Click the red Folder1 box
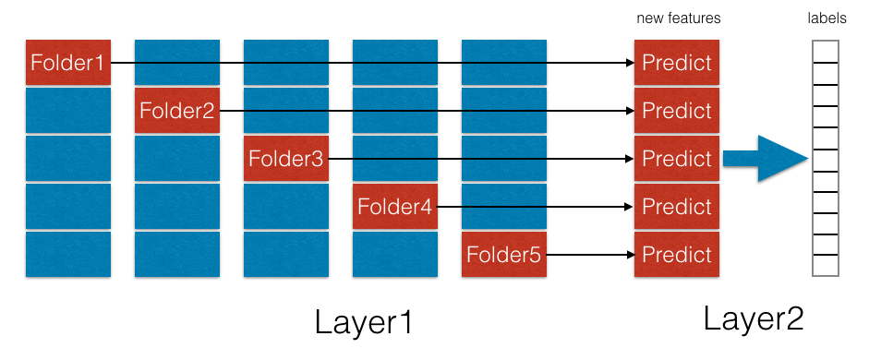tap(68, 63)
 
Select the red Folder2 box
tap(177, 111)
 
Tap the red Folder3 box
tap(286, 159)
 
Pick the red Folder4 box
tap(395, 207)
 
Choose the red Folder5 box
tap(504, 254)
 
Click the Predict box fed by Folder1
tap(677, 63)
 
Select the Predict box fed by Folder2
tap(677, 111)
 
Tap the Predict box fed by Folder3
tap(677, 159)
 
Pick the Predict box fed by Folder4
tap(677, 207)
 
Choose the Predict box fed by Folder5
tap(677, 254)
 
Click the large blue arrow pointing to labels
tap(766, 159)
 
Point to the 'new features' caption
tap(679, 18)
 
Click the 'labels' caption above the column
tap(827, 18)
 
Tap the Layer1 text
tap(364, 323)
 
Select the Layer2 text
tap(754, 319)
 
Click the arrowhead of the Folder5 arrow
tap(630, 255)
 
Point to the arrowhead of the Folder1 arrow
tap(630, 63)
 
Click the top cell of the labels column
tap(826, 52)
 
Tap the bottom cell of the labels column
tap(826, 265)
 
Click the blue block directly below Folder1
tap(68, 111)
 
